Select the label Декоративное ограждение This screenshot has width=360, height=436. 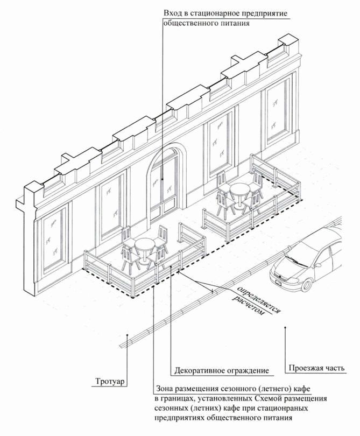(x=221, y=371)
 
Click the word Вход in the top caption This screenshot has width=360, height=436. (x=174, y=13)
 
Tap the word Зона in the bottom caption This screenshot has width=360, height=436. (x=166, y=389)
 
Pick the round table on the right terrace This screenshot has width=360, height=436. (x=238, y=188)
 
